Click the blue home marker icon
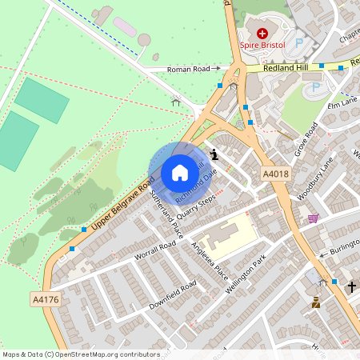179,172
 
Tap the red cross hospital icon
262,33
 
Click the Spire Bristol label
262,46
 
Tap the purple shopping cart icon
313,218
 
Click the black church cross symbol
351,286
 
